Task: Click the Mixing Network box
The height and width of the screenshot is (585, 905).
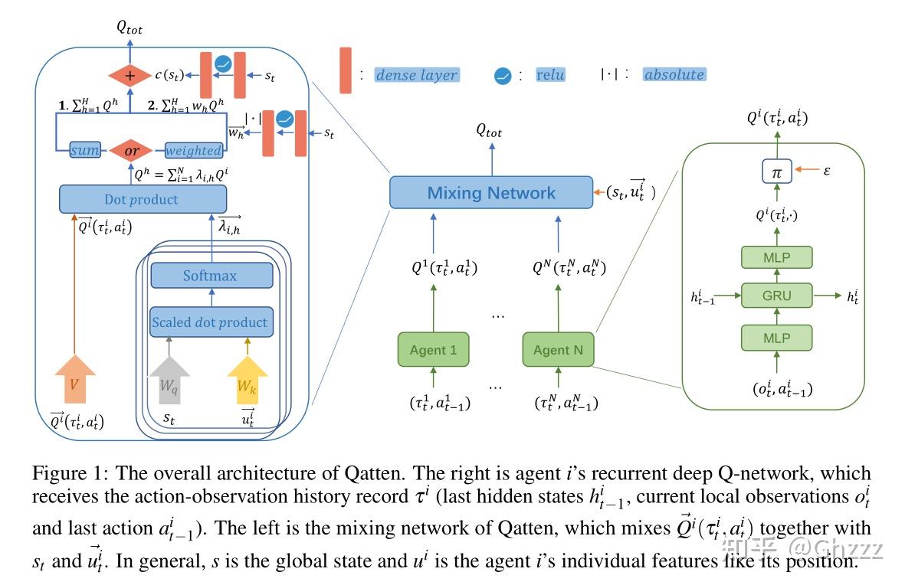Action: click(x=490, y=192)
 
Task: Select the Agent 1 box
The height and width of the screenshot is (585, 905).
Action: click(x=433, y=350)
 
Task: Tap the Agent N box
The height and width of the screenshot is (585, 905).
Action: click(x=557, y=350)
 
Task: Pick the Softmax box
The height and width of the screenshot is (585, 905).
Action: click(x=211, y=276)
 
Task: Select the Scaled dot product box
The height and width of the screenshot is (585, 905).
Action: click(x=211, y=322)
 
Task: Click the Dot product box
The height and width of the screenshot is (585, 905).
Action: click(x=143, y=200)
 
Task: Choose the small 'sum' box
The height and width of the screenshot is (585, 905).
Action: click(x=85, y=151)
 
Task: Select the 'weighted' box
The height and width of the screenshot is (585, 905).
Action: click(x=193, y=151)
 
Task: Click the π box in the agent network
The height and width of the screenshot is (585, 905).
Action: click(x=776, y=173)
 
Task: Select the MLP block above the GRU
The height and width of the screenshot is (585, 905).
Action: click(x=777, y=257)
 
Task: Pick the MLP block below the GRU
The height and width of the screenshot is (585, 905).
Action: click(x=777, y=336)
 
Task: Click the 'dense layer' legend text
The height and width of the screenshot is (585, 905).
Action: click(x=417, y=75)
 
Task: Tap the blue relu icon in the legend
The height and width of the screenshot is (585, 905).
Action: click(x=503, y=75)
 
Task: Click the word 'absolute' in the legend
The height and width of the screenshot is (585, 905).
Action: click(x=674, y=75)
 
